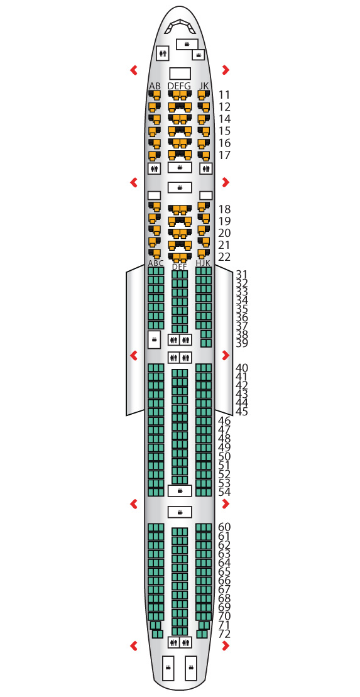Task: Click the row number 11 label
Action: point(224,95)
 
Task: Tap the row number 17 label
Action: point(224,155)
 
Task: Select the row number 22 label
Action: point(225,257)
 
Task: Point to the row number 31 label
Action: point(242,274)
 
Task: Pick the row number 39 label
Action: point(242,343)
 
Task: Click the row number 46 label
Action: point(225,420)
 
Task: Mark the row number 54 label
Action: point(225,492)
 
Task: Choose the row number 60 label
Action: point(225,527)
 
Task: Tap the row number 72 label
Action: point(225,634)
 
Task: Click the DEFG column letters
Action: point(180,86)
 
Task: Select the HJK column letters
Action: point(203,263)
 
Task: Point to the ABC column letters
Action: point(156,263)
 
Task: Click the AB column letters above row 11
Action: point(155,86)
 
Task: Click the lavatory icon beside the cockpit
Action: point(163,53)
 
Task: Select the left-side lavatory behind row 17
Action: point(154,168)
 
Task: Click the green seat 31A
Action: point(150,271)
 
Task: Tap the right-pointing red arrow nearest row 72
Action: point(226,645)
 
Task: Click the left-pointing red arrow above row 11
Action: point(133,70)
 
